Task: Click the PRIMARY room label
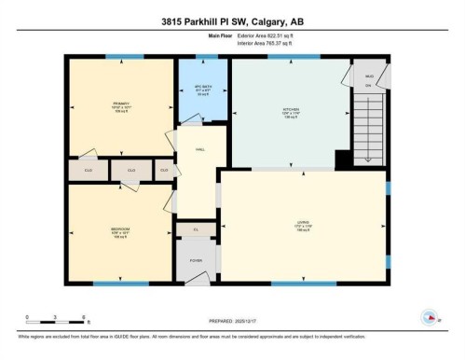coord(122,104)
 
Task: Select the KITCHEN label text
coord(290,108)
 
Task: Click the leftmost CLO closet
coord(88,171)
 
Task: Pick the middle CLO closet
coord(131,171)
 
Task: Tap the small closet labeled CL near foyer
coord(196,228)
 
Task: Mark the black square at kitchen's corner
coord(342,159)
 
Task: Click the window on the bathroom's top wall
coord(202,58)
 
